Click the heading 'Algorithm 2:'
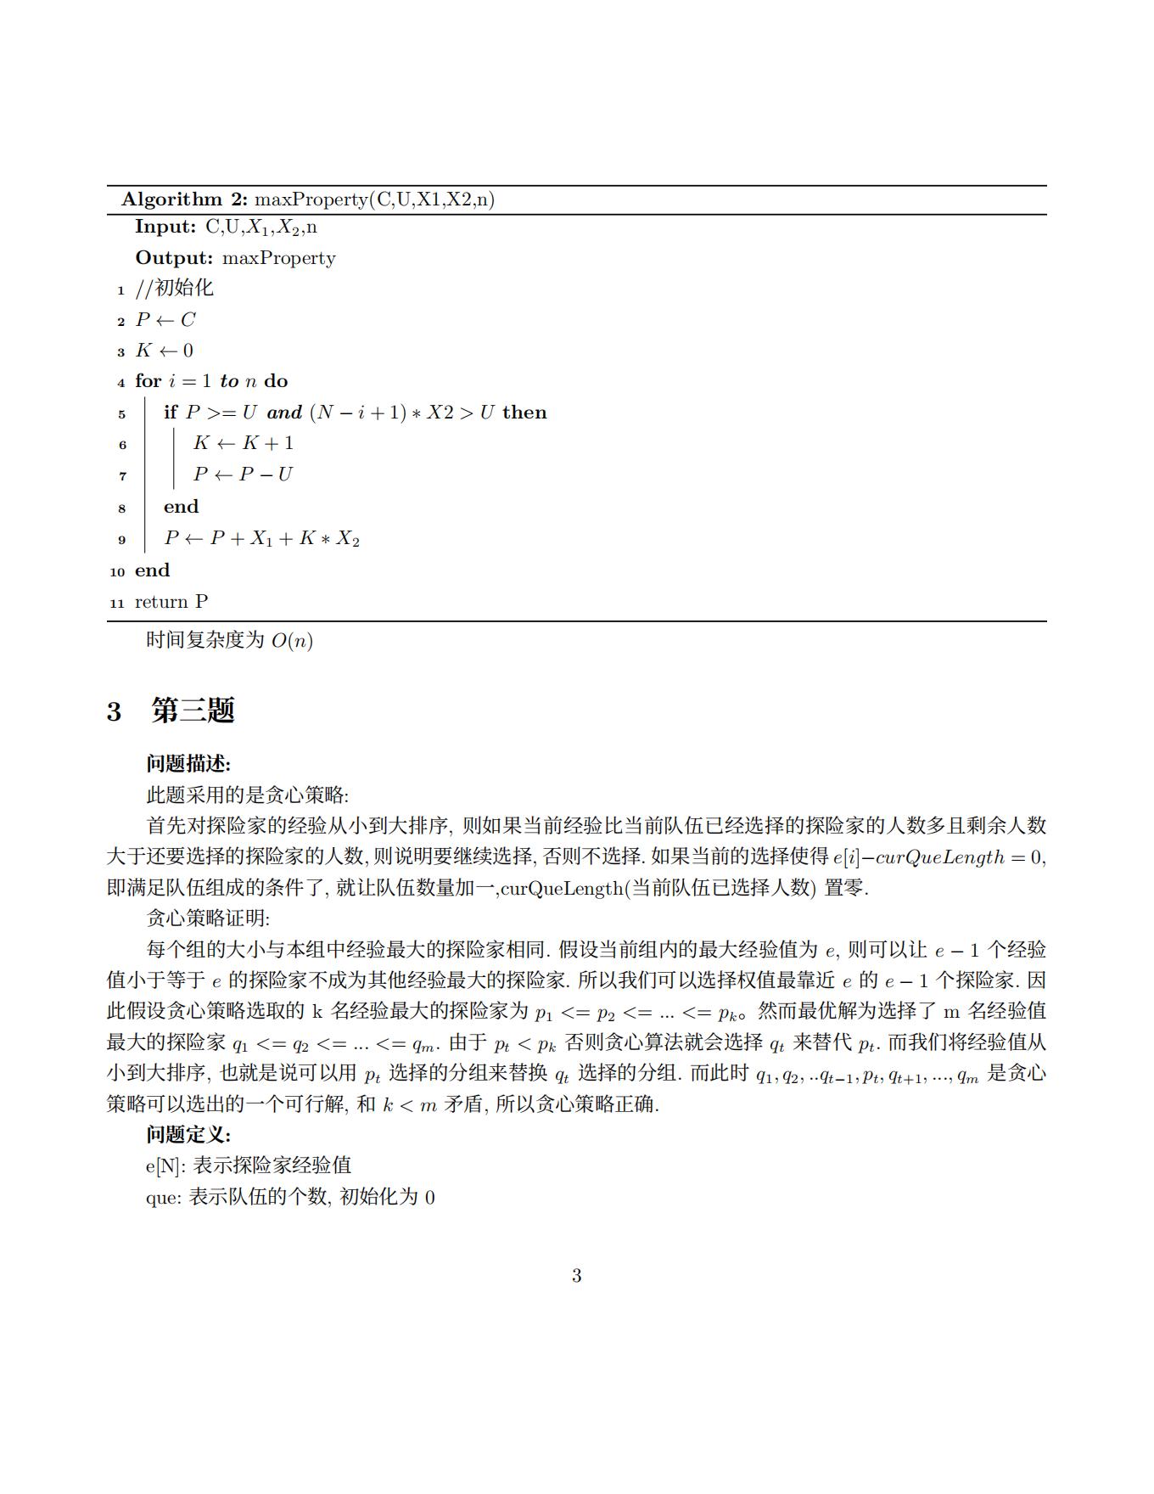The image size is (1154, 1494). point(184,199)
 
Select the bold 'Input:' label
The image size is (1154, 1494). point(166,227)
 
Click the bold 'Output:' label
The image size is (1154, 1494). point(174,258)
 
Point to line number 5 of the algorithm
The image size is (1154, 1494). point(121,414)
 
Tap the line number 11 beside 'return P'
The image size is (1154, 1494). point(118,604)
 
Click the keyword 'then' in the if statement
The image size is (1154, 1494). point(524,413)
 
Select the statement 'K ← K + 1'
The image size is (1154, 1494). point(244,443)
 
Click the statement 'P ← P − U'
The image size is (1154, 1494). point(243,475)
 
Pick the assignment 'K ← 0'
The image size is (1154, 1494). point(165,351)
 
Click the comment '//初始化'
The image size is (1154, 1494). point(175,289)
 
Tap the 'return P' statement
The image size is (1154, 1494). point(171,602)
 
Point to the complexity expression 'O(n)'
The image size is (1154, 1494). point(292,641)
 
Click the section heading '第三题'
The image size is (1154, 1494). point(193,710)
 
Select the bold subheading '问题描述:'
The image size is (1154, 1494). point(188,764)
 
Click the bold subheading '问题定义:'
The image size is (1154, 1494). point(188,1135)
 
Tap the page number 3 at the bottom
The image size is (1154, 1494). point(577,1276)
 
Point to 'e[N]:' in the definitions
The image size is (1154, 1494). point(165,1166)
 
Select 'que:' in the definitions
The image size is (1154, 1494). point(164,1198)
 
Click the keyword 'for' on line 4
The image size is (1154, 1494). point(148,381)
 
